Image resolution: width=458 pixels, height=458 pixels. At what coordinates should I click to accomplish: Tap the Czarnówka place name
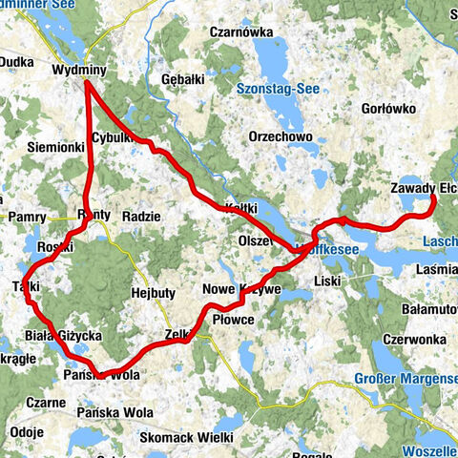[x=241, y=31]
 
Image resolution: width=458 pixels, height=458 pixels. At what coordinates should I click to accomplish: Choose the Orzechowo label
[x=281, y=136]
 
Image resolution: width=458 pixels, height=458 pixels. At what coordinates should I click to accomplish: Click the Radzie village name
[x=141, y=217]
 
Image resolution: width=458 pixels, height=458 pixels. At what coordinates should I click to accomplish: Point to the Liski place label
[x=327, y=281]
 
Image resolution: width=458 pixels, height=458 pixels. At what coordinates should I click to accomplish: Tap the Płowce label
[x=233, y=320]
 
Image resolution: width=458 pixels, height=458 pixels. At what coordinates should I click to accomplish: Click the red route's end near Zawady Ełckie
[x=433, y=197]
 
